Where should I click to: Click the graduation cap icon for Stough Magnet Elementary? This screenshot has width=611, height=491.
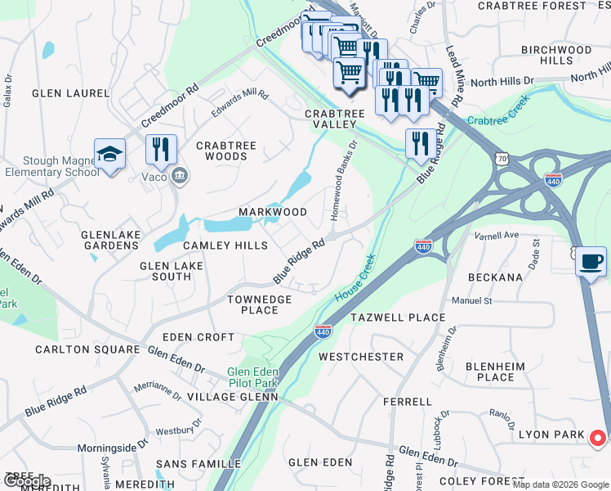click(x=109, y=154)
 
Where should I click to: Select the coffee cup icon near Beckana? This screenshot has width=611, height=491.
click(x=591, y=262)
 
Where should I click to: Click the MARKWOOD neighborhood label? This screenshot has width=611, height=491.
click(x=273, y=212)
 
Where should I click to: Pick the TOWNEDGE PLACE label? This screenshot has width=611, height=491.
click(x=259, y=304)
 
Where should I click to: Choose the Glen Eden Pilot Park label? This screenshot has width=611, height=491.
click(x=252, y=376)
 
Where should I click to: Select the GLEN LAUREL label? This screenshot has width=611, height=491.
click(x=70, y=93)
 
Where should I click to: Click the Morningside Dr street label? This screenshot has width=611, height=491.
click(x=112, y=448)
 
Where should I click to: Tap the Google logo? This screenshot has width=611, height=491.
click(x=26, y=480)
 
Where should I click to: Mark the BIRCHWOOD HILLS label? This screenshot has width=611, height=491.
click(x=555, y=56)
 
